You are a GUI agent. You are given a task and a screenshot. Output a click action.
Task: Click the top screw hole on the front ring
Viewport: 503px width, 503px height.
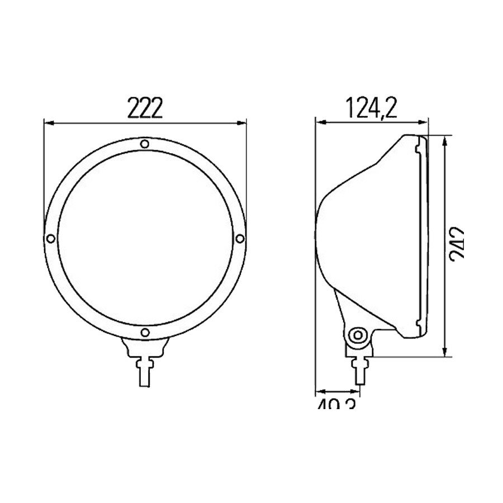click(145, 144)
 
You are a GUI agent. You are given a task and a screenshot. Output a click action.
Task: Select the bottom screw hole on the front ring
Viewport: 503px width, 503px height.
click(145, 333)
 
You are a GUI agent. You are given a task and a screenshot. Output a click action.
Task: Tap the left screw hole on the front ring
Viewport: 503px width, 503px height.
click(51, 239)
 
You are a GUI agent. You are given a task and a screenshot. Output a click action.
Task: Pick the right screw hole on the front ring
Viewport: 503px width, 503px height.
click(239, 239)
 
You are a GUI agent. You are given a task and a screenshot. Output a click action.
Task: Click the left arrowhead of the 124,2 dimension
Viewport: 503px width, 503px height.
click(319, 121)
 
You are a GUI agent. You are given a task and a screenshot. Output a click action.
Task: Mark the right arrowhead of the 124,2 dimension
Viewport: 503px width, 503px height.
click(425, 121)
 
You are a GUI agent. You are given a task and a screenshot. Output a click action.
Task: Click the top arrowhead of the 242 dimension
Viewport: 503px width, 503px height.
click(445, 139)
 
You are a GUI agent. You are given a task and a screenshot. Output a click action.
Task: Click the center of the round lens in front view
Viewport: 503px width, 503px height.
click(145, 239)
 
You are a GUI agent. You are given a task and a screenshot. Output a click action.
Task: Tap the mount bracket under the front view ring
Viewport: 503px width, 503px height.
click(145, 349)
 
